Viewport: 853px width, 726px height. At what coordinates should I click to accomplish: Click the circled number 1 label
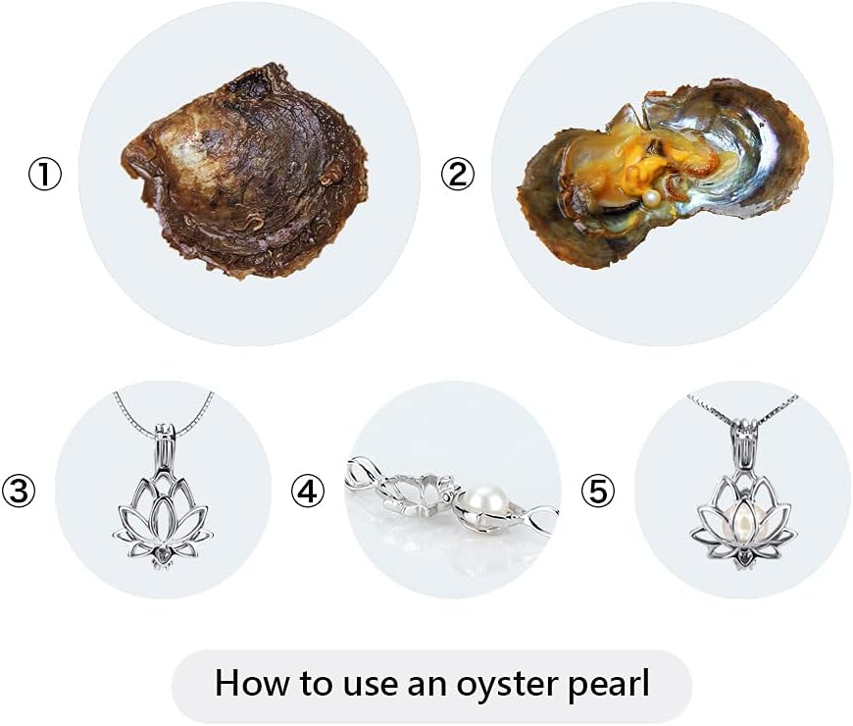(x=44, y=176)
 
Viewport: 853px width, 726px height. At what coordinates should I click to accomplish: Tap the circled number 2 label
(x=457, y=175)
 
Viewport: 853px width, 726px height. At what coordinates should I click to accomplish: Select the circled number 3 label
(x=20, y=490)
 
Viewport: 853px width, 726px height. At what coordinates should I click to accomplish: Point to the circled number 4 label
(x=308, y=490)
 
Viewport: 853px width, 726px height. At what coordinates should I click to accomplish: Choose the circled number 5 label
(x=598, y=490)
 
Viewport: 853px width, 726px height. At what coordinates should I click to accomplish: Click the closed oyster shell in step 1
(x=245, y=177)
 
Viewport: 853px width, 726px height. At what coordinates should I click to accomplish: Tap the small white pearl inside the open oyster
(x=649, y=201)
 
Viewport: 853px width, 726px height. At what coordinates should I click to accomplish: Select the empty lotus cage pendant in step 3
(x=163, y=510)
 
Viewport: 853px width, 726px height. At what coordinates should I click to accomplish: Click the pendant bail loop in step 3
(x=164, y=437)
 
